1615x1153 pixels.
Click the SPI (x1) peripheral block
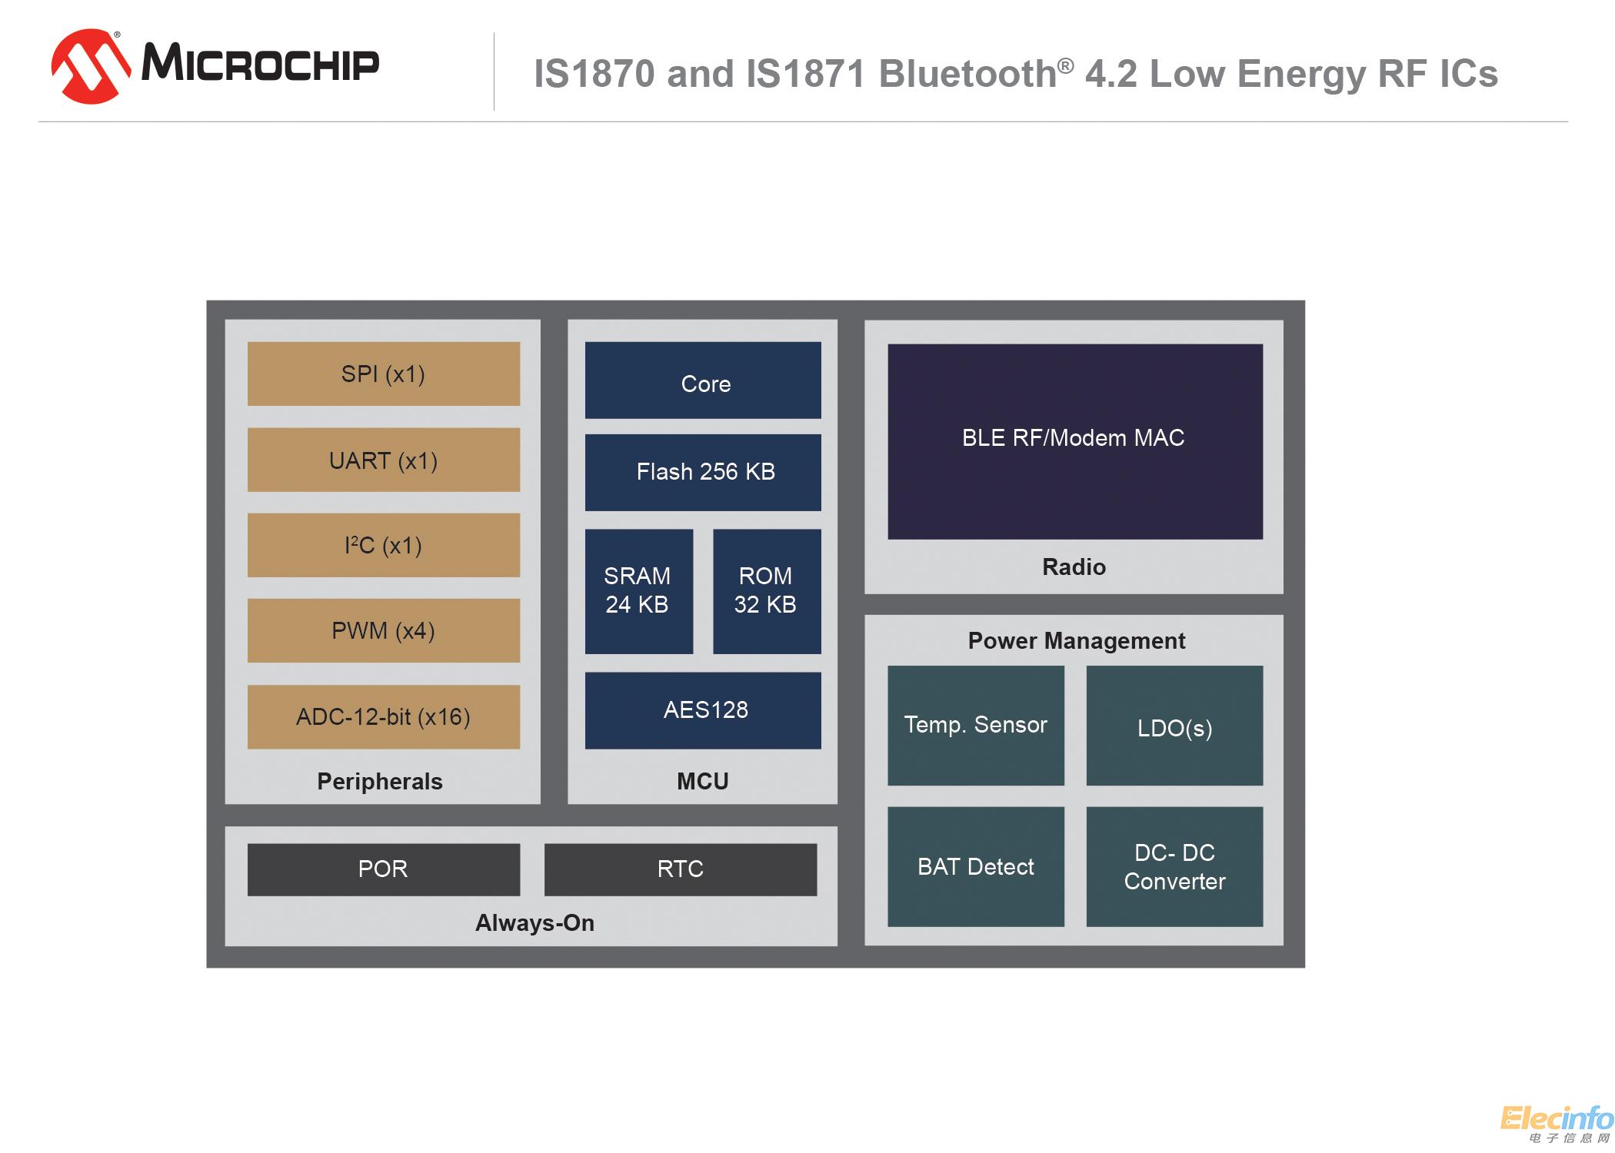point(383,374)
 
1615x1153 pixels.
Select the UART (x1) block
point(383,460)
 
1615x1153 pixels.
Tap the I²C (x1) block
point(383,545)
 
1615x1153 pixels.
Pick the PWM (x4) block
point(383,630)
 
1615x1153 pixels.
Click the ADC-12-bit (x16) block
point(383,716)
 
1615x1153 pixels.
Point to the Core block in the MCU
point(703,380)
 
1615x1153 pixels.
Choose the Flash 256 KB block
point(703,472)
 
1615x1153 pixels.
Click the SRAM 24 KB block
point(638,591)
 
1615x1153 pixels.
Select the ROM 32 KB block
point(767,591)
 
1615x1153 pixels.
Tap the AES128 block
point(703,710)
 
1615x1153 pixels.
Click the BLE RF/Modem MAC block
point(1074,441)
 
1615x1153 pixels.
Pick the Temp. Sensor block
point(975,726)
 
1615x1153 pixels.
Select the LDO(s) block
point(1174,726)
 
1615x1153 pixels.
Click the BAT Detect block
point(975,866)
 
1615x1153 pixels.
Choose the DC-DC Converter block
point(1174,866)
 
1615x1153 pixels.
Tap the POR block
point(383,869)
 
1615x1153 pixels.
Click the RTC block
point(680,869)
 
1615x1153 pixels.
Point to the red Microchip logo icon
point(91,66)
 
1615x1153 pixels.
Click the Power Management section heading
point(1076,640)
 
